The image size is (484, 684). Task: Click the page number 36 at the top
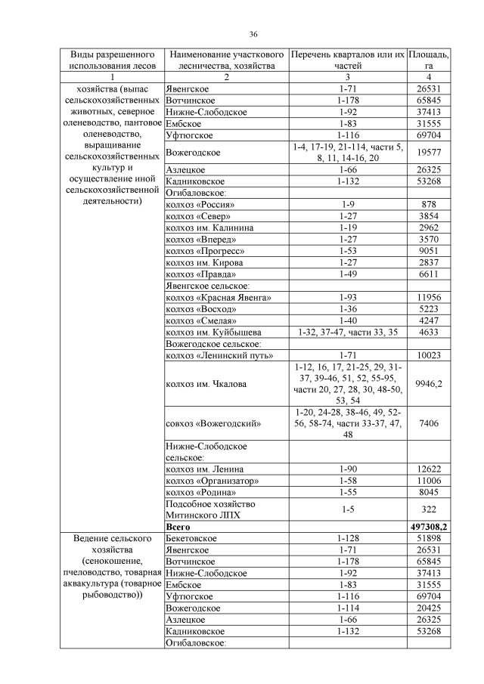(253, 34)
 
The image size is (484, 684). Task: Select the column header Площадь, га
(428, 60)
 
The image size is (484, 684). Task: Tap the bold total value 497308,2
(429, 525)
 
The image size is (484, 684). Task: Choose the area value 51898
(429, 537)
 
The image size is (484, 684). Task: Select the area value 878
(429, 205)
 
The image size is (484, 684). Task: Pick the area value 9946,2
(429, 384)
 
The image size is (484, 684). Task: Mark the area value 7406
(429, 424)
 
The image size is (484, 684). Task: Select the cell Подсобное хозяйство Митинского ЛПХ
(210, 509)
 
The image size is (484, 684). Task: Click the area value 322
(429, 509)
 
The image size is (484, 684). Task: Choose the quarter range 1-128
(347, 537)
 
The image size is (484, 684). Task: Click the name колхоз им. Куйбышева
(213, 332)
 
